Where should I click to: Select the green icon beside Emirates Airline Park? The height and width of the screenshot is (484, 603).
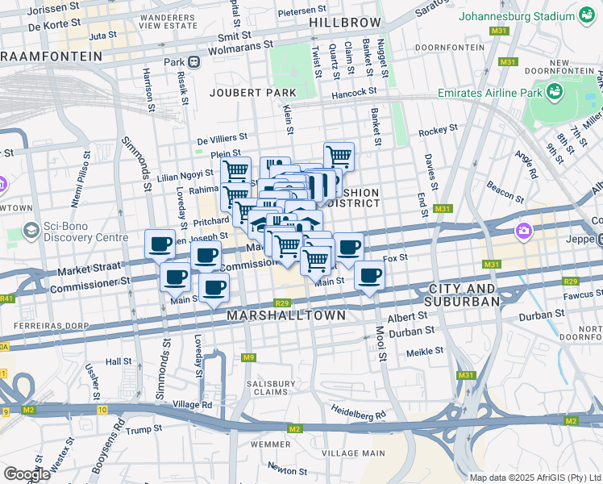click(555, 92)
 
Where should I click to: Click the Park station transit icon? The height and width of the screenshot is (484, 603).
click(193, 62)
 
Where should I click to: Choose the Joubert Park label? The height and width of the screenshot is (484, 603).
click(242, 93)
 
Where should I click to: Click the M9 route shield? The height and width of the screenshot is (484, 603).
click(249, 357)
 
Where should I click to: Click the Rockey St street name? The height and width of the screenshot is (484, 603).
click(438, 129)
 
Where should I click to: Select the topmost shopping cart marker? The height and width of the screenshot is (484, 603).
click(339, 156)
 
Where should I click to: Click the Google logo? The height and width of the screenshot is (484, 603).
click(27, 474)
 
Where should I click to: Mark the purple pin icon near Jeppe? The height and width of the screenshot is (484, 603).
click(524, 232)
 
